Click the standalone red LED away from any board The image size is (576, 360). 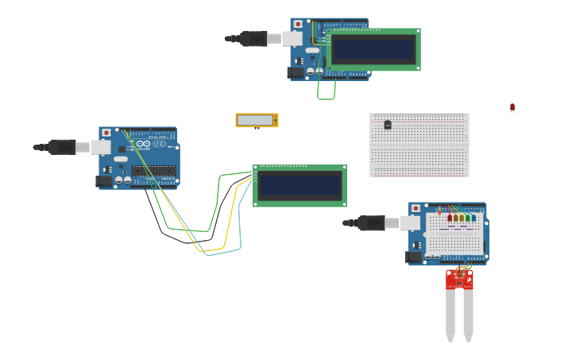(512, 106)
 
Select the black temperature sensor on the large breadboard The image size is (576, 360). (388, 125)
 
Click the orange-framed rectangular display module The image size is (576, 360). (257, 120)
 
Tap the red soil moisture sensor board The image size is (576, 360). (459, 280)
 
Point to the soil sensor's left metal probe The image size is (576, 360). (450, 315)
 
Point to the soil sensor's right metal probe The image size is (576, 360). (468, 315)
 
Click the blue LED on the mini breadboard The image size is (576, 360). (474, 218)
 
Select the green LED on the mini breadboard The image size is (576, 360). (468, 218)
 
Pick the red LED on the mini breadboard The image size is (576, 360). (450, 218)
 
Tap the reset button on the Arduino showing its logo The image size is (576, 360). (106, 133)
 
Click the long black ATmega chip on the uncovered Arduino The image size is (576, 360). (153, 170)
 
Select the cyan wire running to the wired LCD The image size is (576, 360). (226, 252)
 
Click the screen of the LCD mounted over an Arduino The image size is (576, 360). (373, 50)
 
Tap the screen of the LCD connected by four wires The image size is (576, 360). (299, 186)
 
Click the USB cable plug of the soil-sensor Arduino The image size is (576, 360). (370, 223)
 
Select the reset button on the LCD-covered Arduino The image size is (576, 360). (297, 25)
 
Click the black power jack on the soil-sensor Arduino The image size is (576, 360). (413, 257)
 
